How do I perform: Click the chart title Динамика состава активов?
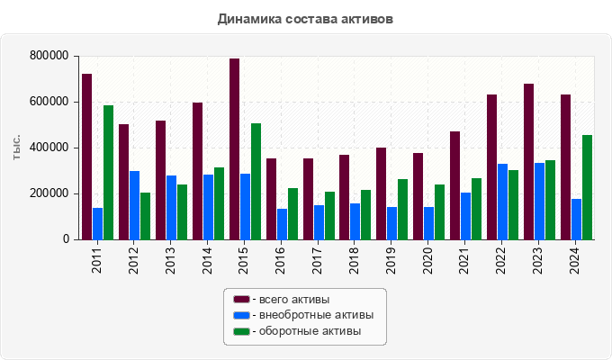tap(305, 19)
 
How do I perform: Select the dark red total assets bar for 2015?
tap(234, 149)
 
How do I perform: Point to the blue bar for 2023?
tap(539, 202)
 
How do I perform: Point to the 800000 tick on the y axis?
tap(49, 56)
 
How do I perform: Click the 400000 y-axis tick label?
tap(49, 148)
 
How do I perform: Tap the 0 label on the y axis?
tap(66, 239)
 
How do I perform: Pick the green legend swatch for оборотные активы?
tap(241, 331)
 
